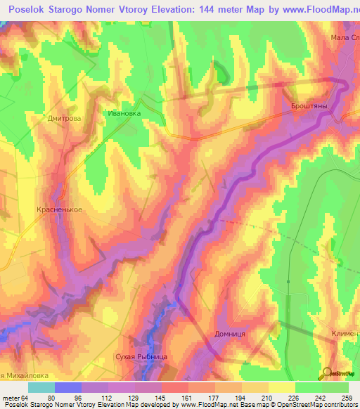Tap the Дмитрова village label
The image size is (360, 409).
(64, 118)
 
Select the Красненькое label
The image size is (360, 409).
(60, 209)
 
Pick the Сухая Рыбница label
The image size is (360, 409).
(141, 358)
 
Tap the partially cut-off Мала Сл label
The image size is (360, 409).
(345, 37)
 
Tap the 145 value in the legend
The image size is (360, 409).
(170, 398)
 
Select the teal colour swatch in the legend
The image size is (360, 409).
(41, 387)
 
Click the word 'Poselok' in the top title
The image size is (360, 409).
(23, 11)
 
